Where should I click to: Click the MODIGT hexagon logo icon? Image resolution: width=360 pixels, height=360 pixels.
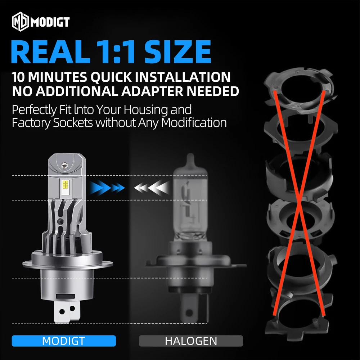click(21, 22)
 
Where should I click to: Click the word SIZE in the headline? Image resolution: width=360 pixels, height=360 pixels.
click(177, 51)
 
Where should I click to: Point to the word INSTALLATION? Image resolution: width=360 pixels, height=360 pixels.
click(183, 77)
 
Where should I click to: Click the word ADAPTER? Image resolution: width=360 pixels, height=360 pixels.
click(152, 91)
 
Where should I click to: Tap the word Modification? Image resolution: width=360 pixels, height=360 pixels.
click(194, 123)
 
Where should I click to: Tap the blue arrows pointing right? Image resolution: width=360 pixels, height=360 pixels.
click(107, 188)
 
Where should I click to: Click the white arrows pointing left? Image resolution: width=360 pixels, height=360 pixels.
click(152, 188)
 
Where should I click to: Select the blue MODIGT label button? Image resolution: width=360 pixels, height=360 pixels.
click(64, 341)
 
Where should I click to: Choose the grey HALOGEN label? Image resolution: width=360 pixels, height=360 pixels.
click(191, 341)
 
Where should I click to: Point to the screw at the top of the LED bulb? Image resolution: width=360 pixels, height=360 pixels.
click(64, 165)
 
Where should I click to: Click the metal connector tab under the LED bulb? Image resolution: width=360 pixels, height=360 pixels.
click(67, 311)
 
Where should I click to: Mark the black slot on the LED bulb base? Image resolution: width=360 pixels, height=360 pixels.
click(65, 296)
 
